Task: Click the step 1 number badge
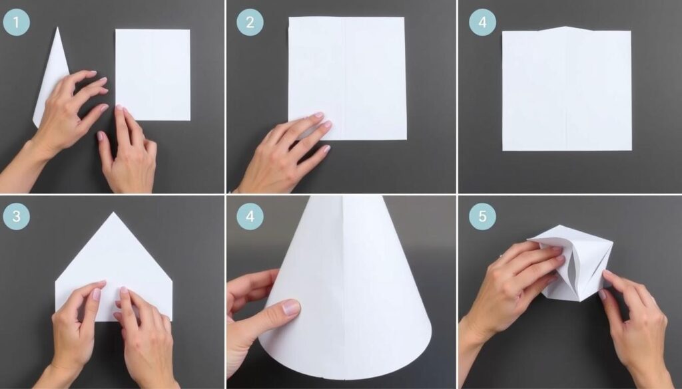tap(17, 23)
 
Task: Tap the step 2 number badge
tap(250, 23)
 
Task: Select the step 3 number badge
tap(17, 215)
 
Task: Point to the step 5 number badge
tap(482, 215)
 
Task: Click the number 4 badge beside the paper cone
tap(250, 215)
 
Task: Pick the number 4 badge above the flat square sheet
tap(482, 23)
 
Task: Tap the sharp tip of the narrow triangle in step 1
tap(57, 27)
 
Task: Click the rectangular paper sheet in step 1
tap(153, 74)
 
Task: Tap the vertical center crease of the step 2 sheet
tap(346, 78)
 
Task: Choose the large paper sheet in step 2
tap(347, 78)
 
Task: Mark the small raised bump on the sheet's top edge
tap(565, 29)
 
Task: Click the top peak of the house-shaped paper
tap(114, 213)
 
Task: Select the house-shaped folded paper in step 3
tap(114, 267)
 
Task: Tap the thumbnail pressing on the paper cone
tap(290, 307)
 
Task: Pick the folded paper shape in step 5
tap(574, 261)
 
